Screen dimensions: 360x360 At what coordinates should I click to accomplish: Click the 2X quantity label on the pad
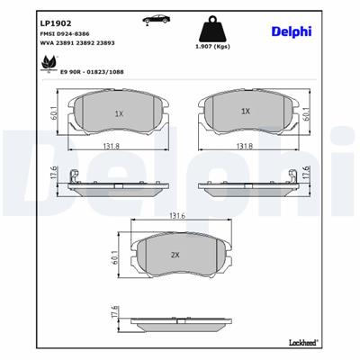tap(176, 255)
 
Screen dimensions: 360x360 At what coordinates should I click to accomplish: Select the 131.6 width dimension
tap(177, 216)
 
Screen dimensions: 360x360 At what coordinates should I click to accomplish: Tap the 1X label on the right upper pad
tap(245, 112)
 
